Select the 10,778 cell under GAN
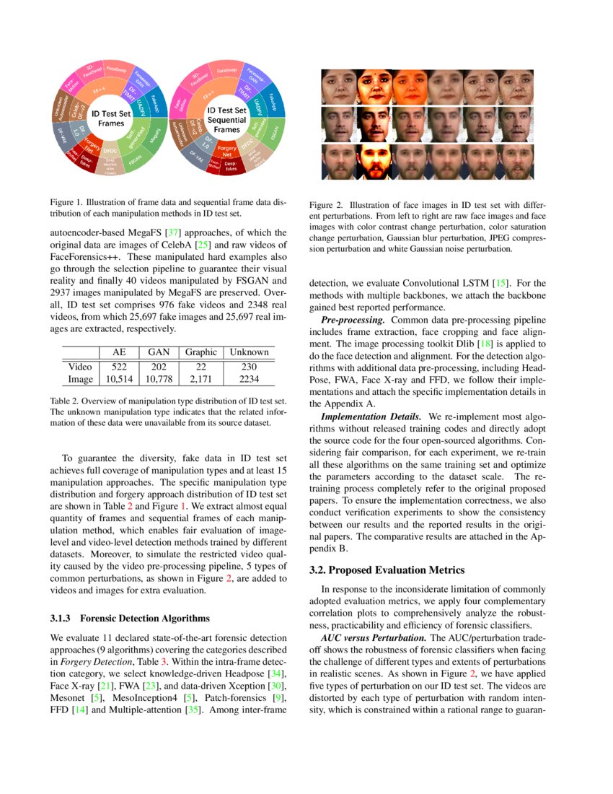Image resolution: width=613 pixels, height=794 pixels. click(x=158, y=378)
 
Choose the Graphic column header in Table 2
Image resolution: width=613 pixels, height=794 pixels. click(x=200, y=352)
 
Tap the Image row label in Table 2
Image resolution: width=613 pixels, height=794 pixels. click(x=79, y=378)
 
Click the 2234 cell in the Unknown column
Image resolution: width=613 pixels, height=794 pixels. click(x=249, y=378)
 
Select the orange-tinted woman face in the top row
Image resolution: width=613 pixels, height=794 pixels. click(x=410, y=87)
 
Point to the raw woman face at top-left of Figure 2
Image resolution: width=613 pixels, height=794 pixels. click(x=339, y=87)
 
